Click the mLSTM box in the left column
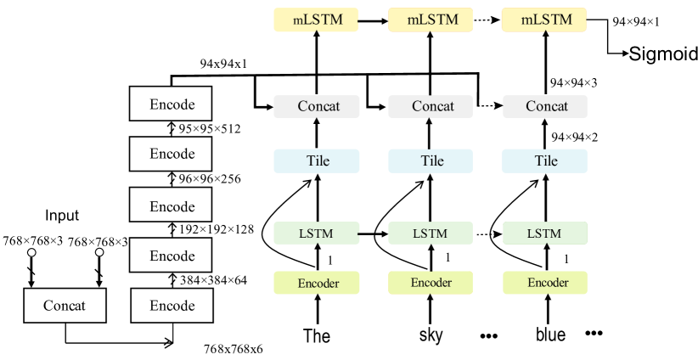pyautogui.click(x=316, y=20)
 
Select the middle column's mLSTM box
pyautogui.click(x=431, y=20)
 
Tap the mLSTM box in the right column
pyautogui.click(x=544, y=20)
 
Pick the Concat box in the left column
pyautogui.click(x=317, y=107)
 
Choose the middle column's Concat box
pyautogui.click(x=431, y=107)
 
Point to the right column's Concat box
pyautogui.click(x=545, y=107)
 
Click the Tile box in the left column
pyautogui.click(x=317, y=161)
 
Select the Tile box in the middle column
pyautogui.click(x=431, y=161)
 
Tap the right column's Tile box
pyautogui.click(x=544, y=161)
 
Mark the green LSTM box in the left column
pyautogui.click(x=316, y=233)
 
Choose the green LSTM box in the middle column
pyautogui.click(x=431, y=233)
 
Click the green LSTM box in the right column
pyautogui.click(x=544, y=233)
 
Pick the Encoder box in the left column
pyautogui.click(x=317, y=283)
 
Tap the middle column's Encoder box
pyautogui.click(x=431, y=283)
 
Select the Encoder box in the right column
pyautogui.click(x=545, y=283)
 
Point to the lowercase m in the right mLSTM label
pyautogui.click(x=526, y=20)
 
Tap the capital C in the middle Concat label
pyautogui.click(x=417, y=107)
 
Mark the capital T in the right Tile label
pyautogui.click(x=538, y=161)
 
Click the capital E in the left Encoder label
pyautogui.click(x=301, y=284)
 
